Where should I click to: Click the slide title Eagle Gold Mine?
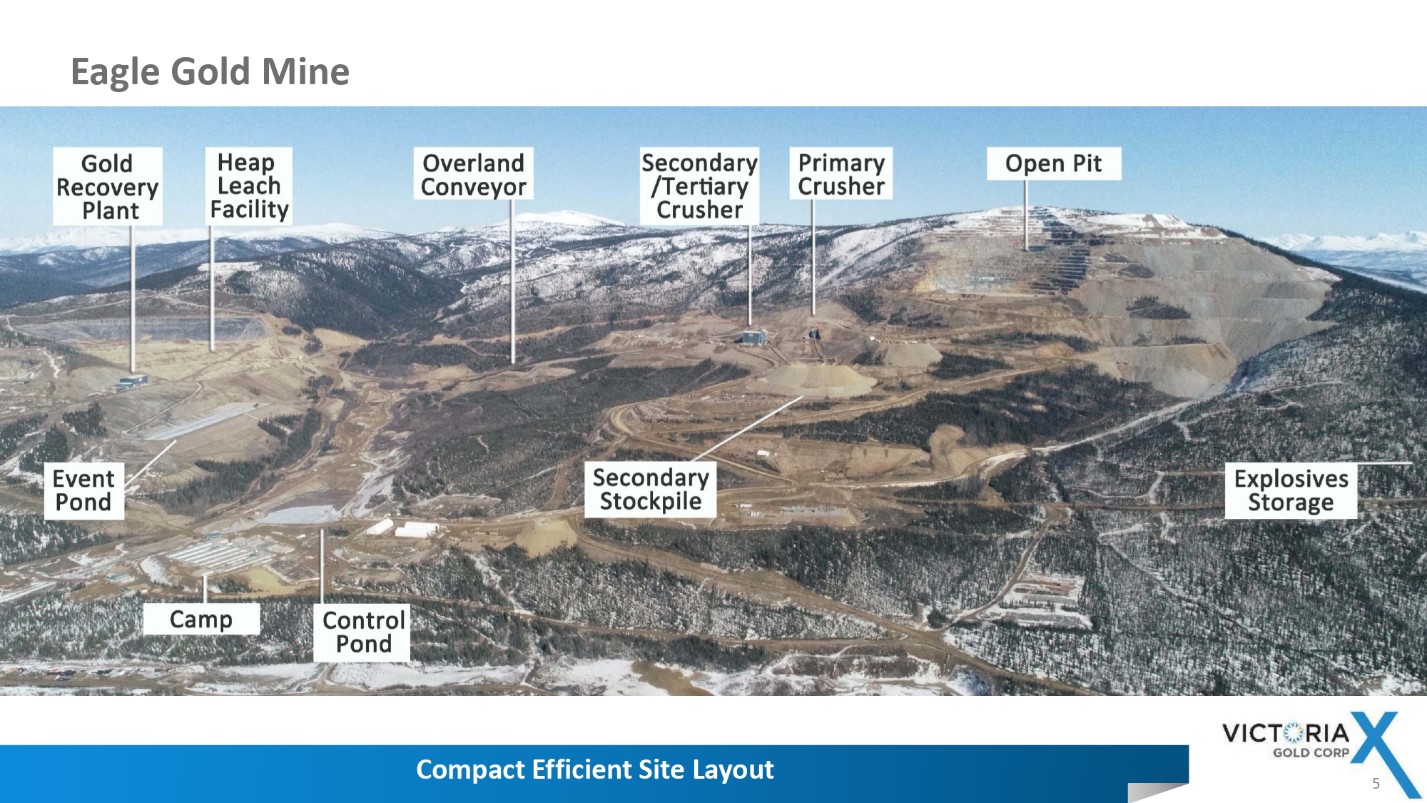coord(210,71)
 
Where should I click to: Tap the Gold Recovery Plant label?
coord(108,186)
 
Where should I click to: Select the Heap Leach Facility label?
coord(249,186)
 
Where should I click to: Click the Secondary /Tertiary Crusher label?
coord(699,186)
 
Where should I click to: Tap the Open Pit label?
coord(1054,163)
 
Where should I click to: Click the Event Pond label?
coord(84,490)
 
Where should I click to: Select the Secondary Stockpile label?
coord(651,489)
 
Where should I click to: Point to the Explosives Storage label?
coord(1291,490)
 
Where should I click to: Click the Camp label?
coord(201,619)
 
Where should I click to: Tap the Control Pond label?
coord(362,632)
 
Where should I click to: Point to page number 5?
coord(1376,784)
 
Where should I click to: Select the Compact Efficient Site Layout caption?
coord(594,769)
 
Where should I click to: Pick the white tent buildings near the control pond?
coord(402,529)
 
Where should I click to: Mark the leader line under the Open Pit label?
coord(1026,215)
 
